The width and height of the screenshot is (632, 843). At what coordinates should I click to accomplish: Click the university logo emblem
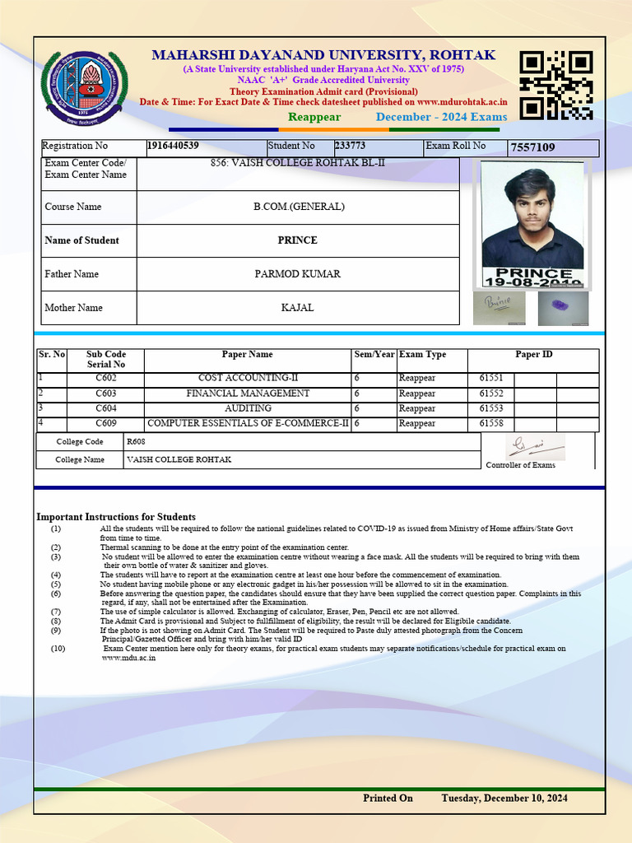click(x=85, y=86)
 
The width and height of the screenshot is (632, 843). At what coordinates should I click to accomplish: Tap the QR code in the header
click(x=556, y=85)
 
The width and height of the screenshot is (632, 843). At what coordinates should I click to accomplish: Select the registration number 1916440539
click(x=173, y=147)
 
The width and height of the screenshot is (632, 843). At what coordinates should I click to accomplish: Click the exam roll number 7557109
click(x=532, y=148)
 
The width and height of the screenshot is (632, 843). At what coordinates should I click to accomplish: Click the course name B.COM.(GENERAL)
click(x=298, y=207)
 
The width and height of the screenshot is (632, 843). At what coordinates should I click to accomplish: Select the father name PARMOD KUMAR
click(x=298, y=274)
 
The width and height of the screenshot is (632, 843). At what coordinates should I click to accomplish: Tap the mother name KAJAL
click(x=298, y=308)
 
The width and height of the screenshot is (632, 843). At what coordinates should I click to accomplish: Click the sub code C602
click(x=106, y=379)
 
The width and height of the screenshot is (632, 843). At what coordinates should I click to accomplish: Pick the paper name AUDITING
click(x=248, y=408)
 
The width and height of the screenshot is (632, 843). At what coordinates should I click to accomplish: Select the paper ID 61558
click(x=491, y=423)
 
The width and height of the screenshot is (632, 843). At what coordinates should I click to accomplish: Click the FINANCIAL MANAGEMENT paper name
click(x=248, y=394)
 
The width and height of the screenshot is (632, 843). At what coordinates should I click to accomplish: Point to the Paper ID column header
click(x=533, y=355)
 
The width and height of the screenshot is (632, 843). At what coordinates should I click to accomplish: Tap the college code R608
click(x=136, y=442)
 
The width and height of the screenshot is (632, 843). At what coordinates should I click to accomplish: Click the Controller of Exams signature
click(x=535, y=447)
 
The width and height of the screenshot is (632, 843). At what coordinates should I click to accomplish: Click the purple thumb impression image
click(x=563, y=307)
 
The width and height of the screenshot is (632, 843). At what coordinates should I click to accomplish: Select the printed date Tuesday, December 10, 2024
click(x=504, y=799)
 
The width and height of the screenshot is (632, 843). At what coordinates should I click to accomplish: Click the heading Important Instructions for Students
click(x=116, y=517)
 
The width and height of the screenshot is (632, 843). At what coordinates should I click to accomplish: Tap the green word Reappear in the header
click(x=314, y=117)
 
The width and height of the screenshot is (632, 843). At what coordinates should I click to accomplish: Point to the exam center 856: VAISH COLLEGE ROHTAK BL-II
click(x=298, y=163)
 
